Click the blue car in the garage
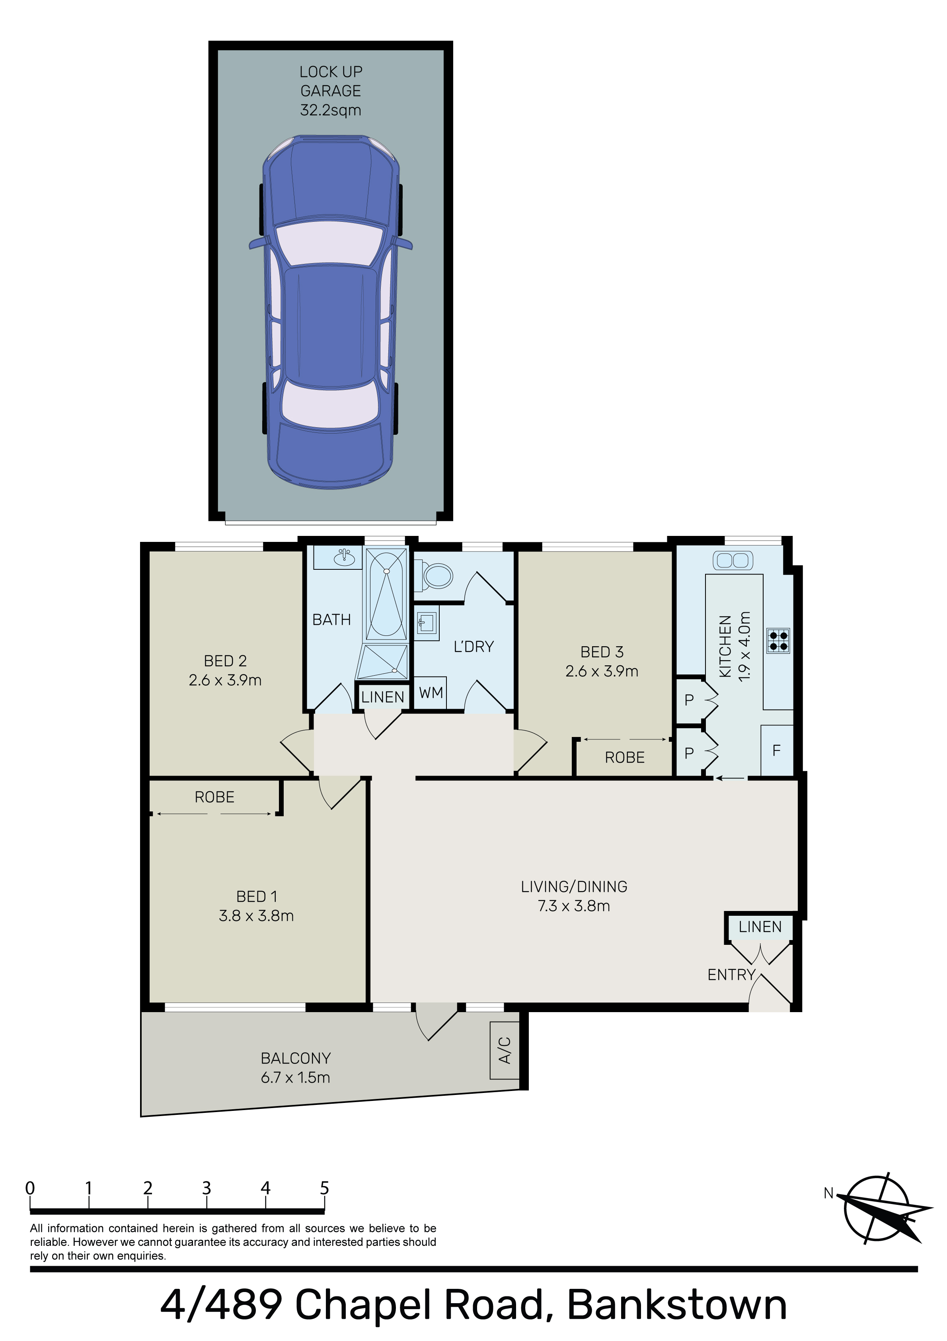[331, 312]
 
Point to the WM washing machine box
[430, 693]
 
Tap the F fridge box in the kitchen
[777, 751]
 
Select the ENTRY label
[731, 975]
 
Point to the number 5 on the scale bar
[325, 1189]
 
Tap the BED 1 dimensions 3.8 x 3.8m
[256, 916]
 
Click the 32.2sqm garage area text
[331, 110]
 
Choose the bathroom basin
[345, 558]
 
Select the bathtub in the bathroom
[386, 594]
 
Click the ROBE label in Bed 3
[625, 758]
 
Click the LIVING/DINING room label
[574, 887]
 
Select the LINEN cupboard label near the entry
[760, 927]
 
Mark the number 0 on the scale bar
[30, 1189]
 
